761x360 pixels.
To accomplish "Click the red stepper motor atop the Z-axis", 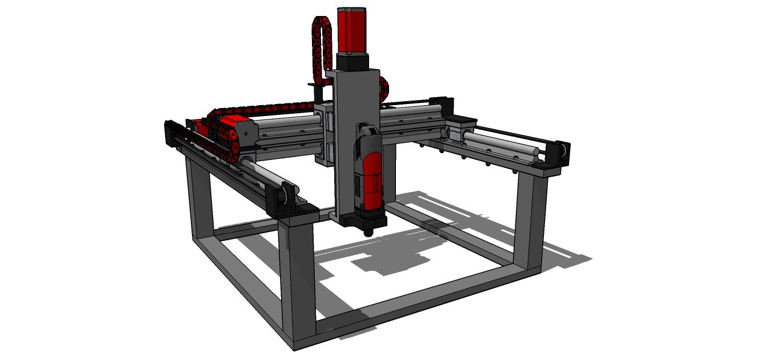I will coord(353,32).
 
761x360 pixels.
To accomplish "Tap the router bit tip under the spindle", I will coord(368,232).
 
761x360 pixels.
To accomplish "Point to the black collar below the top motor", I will coord(353,61).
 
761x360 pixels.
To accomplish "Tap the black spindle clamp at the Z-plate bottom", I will coord(369,218).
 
